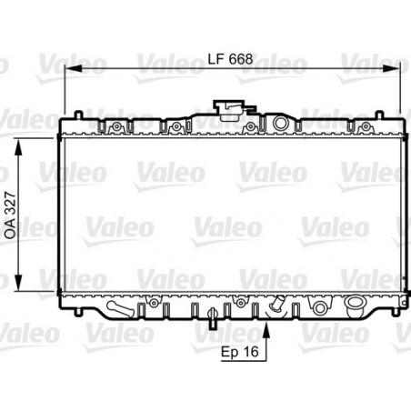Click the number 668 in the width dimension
(240, 57)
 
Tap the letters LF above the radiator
(215, 57)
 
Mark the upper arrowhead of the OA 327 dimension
(21, 142)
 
